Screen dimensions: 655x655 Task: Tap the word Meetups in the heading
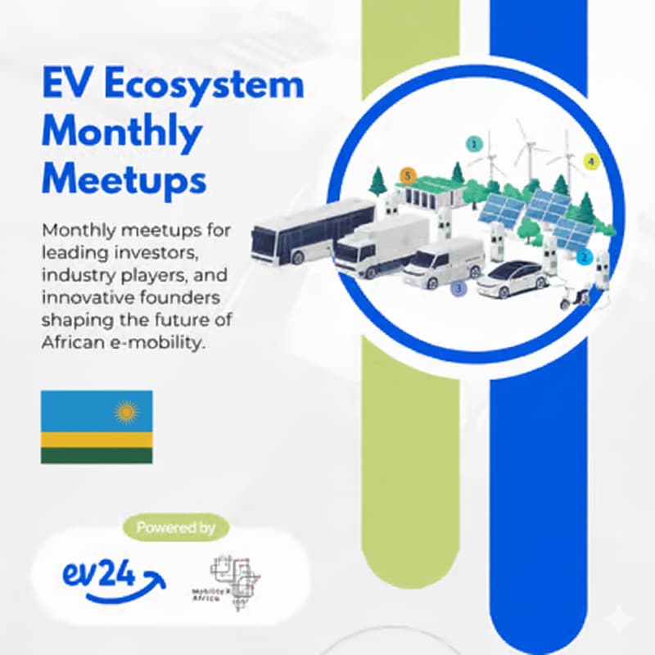tap(124, 178)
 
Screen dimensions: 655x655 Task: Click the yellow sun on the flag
tap(126, 411)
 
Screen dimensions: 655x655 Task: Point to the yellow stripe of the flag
tap(97, 440)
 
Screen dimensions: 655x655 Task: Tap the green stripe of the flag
tap(97, 455)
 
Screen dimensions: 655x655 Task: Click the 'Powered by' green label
tap(175, 527)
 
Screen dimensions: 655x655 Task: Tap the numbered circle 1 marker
tap(473, 143)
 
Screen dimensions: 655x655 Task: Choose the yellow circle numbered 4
tap(591, 161)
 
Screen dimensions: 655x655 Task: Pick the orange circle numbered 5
tap(407, 175)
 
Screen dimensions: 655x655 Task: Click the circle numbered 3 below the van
tap(458, 288)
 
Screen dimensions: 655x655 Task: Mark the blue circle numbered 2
tap(584, 257)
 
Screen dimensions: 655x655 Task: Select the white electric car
tap(511, 279)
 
